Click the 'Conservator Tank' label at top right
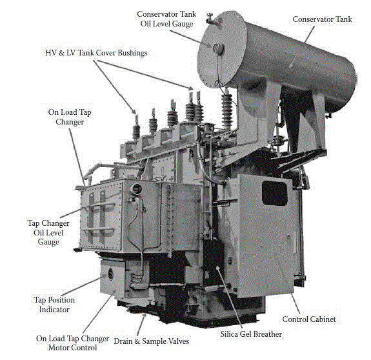point(322,19)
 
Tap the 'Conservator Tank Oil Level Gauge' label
point(166,19)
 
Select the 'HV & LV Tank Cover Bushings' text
point(96,52)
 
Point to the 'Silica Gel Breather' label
point(251,334)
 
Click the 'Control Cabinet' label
point(309,319)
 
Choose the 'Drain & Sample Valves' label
point(152,341)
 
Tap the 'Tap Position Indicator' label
point(54,305)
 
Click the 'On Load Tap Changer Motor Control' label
point(72,343)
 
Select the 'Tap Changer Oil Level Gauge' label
point(48,232)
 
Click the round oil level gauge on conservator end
point(218,49)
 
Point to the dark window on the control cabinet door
point(274,193)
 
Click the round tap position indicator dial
point(110,274)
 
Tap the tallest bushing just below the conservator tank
point(226,110)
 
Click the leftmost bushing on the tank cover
point(136,128)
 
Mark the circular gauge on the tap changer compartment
point(135,190)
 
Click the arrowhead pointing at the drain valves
point(144,316)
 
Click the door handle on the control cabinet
point(288,235)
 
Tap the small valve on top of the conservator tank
point(210,18)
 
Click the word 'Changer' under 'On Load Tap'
point(70,122)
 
